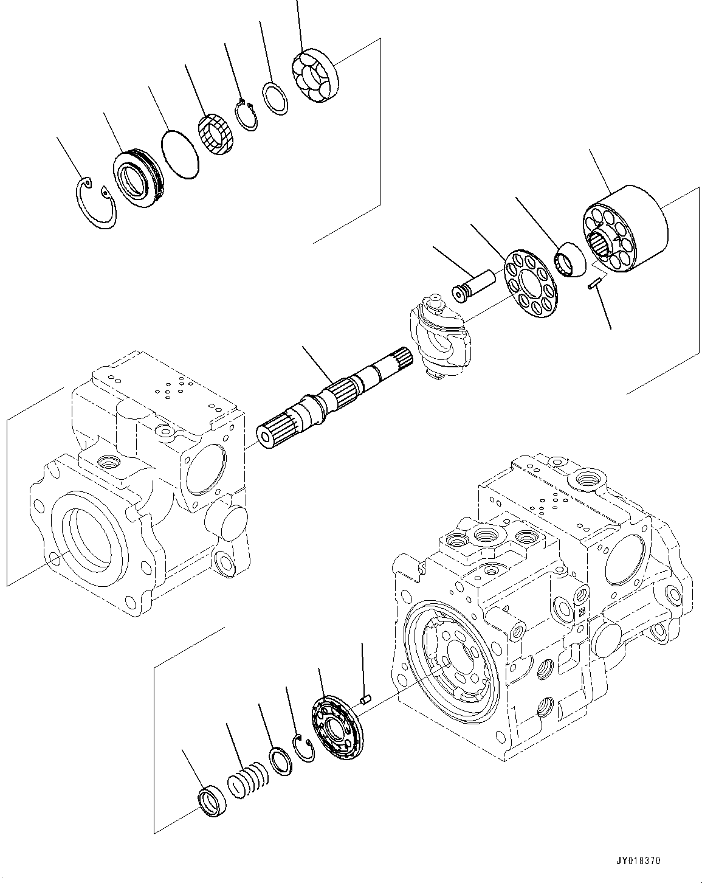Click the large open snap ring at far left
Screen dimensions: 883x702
click(97, 204)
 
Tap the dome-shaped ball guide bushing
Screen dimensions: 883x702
click(571, 259)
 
